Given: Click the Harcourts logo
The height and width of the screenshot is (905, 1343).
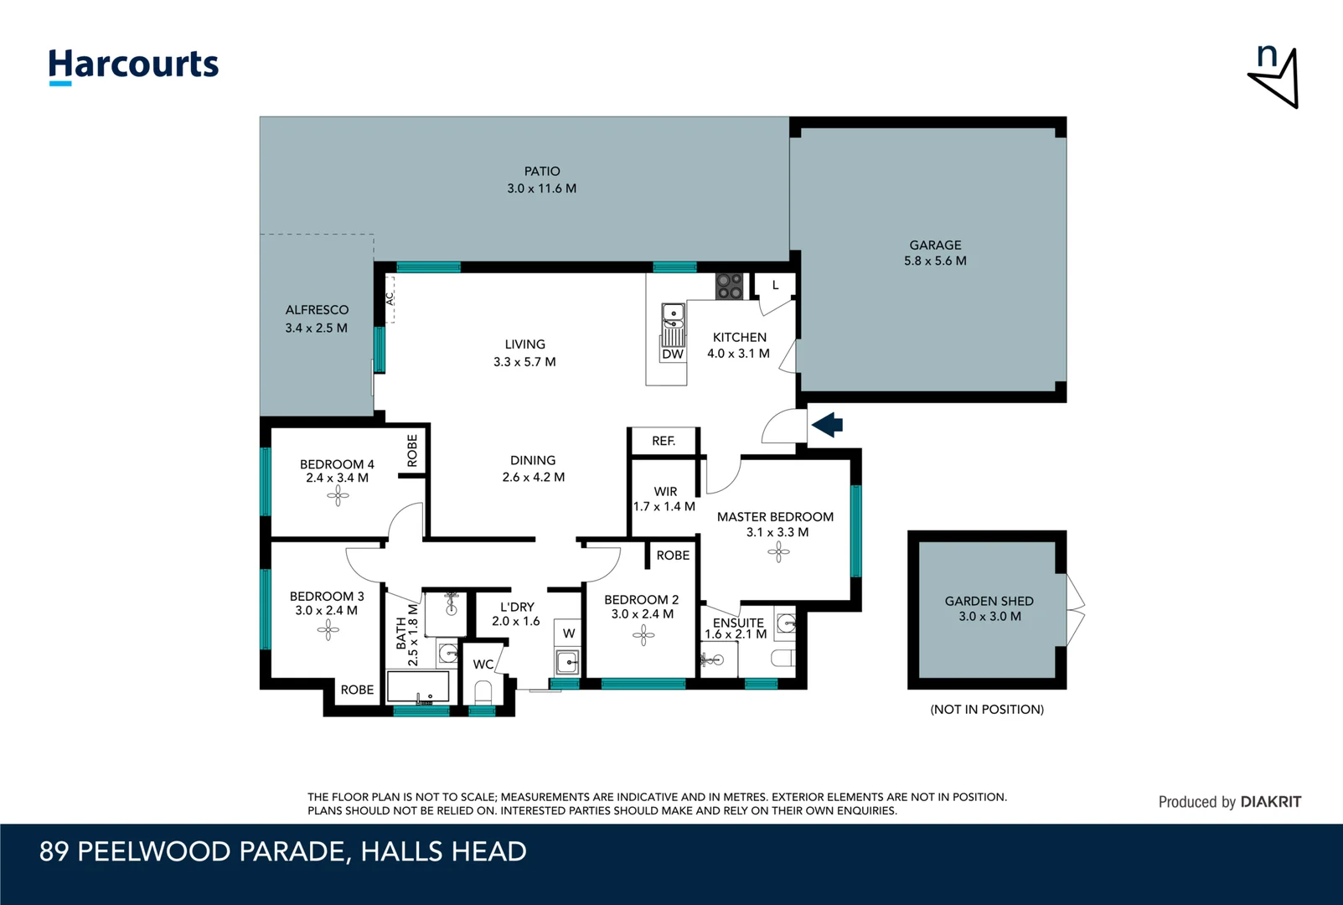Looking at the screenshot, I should coord(133,65).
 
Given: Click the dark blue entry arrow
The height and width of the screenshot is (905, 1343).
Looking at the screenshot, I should coord(827,425).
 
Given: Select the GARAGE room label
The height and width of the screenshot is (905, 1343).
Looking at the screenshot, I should coord(935,245).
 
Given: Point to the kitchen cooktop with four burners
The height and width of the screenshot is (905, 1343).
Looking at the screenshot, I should coord(729,286).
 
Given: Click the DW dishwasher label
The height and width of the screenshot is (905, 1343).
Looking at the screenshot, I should coord(673,354).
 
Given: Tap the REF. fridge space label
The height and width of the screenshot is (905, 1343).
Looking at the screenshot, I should coord(663,441).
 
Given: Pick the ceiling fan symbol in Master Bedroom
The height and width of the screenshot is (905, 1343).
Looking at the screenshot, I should coord(778,551).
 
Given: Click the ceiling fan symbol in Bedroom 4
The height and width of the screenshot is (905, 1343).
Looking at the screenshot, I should coord(338,497).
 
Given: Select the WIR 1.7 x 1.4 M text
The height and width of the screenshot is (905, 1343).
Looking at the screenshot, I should coord(664,499).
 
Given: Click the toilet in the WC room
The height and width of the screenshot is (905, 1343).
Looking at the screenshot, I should coord(483,692).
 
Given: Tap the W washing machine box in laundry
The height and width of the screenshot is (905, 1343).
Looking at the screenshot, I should coord(569,633).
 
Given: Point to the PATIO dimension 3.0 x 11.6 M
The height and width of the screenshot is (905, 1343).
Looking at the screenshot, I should coord(541,189).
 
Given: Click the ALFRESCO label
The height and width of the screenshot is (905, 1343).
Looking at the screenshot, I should coord(317,310).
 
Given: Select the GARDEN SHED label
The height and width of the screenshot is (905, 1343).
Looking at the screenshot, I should coord(989,601).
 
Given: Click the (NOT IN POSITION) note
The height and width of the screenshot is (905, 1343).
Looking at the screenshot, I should coord(987,709).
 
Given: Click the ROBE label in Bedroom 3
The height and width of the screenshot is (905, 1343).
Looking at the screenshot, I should coord(357,690).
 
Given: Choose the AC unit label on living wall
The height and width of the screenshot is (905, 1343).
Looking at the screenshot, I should coord(390,298).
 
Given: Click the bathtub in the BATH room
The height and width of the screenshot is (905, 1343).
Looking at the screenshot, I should coord(418,687).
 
